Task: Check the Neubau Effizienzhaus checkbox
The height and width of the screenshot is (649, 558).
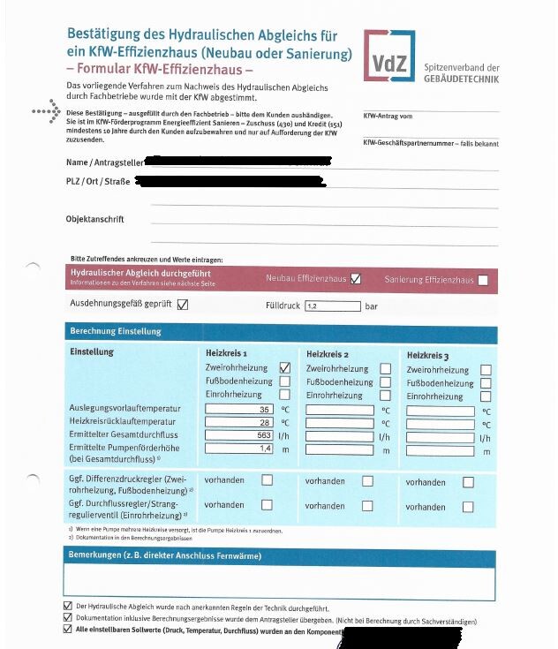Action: click(356, 279)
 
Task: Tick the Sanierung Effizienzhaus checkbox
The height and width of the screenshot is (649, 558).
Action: click(483, 281)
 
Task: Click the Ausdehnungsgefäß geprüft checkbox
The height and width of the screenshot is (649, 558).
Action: click(183, 305)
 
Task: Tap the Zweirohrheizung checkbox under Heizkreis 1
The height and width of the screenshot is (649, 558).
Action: click(284, 367)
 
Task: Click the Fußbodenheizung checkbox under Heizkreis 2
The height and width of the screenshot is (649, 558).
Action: click(385, 382)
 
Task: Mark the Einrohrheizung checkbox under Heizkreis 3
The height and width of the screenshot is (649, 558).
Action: click(486, 397)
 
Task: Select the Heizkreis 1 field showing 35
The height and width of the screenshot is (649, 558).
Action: click(239, 410)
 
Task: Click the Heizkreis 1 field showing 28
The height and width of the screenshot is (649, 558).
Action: click(239, 423)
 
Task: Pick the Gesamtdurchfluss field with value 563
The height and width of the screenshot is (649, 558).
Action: click(239, 436)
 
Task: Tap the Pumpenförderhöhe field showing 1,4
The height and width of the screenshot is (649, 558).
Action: click(239, 449)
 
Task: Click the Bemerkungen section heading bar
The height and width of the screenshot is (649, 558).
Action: click(279, 556)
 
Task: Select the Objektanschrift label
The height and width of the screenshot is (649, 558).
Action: click(94, 219)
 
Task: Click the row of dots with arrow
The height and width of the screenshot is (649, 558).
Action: click(45, 112)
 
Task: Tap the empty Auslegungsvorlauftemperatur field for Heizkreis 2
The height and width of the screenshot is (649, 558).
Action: click(340, 411)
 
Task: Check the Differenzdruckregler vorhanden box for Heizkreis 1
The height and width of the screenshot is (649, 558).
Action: click(267, 480)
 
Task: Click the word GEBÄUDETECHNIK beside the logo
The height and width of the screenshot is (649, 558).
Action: click(462, 79)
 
